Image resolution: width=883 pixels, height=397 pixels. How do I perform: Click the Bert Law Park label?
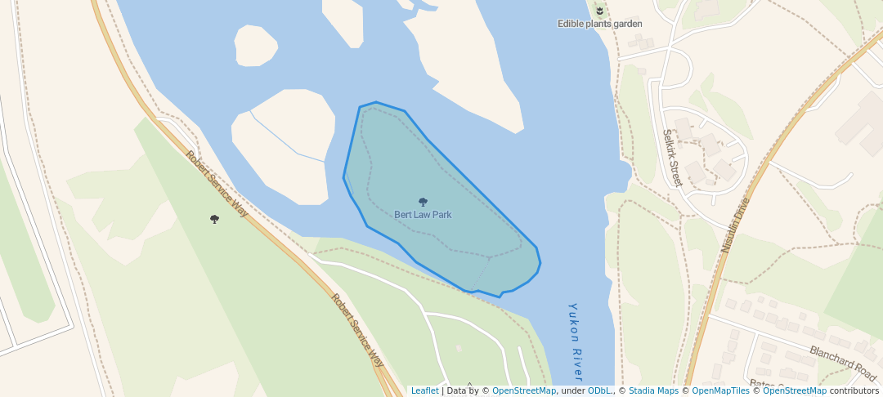click(x=423, y=215)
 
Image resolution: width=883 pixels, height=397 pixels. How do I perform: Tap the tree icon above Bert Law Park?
click(x=423, y=202)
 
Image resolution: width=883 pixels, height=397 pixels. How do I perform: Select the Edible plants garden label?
click(x=599, y=24)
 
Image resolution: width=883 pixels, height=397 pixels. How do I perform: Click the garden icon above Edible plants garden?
click(x=599, y=11)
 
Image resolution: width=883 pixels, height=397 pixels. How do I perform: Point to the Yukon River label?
click(x=576, y=341)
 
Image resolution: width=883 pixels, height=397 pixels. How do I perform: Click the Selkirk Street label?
click(x=672, y=158)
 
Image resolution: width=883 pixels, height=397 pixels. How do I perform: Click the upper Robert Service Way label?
click(x=217, y=184)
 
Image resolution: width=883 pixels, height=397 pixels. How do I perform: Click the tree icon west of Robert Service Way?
click(x=214, y=219)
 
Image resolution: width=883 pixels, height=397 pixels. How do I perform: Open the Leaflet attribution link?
click(x=424, y=390)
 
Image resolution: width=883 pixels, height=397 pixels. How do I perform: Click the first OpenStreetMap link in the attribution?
click(x=524, y=390)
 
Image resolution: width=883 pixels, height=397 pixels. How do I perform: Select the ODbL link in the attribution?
click(x=600, y=390)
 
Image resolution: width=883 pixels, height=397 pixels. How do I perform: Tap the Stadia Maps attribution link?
click(x=652, y=390)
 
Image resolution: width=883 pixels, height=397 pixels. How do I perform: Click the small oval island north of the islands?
click(x=258, y=45)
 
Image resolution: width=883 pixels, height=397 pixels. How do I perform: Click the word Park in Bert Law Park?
click(x=441, y=215)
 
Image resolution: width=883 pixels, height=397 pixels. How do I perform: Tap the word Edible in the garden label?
click(x=571, y=24)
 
